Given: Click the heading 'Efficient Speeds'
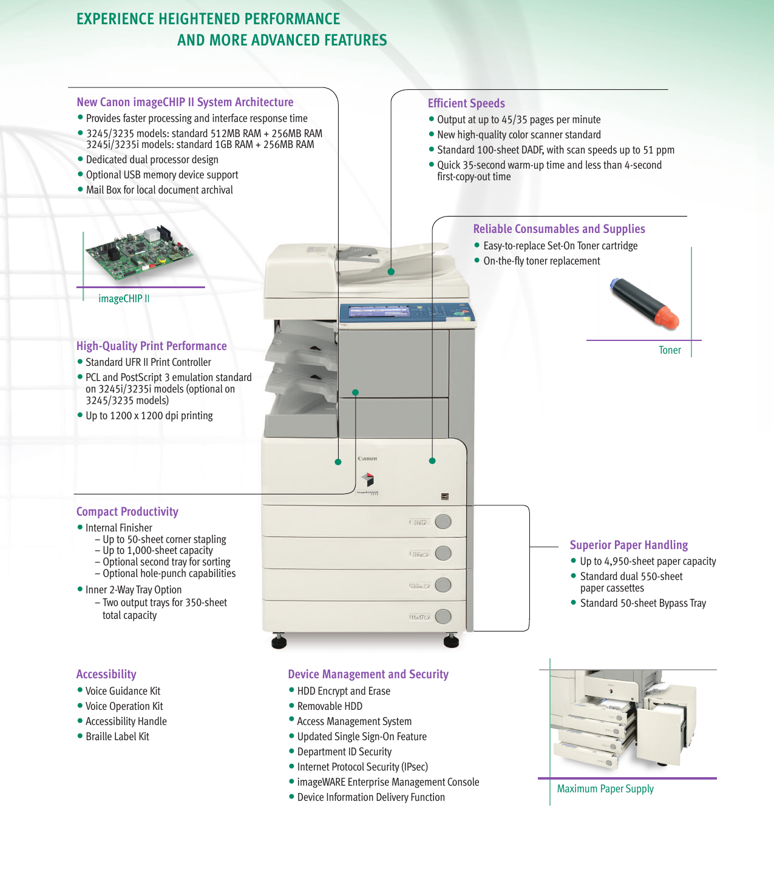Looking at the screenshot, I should pyautogui.click(x=466, y=103).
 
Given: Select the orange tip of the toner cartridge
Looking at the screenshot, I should pyautogui.click(x=667, y=318).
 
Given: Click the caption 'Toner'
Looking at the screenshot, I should pyautogui.click(x=670, y=350).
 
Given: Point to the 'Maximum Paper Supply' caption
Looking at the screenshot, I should pyautogui.click(x=605, y=789).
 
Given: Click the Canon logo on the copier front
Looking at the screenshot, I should pyautogui.click(x=367, y=459).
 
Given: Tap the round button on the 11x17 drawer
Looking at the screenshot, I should pyautogui.click(x=443, y=616).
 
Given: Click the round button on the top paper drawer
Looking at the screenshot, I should pyautogui.click(x=443, y=522).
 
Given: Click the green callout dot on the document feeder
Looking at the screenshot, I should pyautogui.click(x=391, y=272).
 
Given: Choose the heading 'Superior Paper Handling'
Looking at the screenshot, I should pyautogui.click(x=628, y=545).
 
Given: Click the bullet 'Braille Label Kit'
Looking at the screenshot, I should pyautogui.click(x=117, y=737).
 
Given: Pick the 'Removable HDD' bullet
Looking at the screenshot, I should pyautogui.click(x=330, y=706).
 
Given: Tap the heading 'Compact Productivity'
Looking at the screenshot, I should pyautogui.click(x=127, y=511).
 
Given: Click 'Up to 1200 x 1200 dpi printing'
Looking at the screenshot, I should pyautogui.click(x=149, y=416).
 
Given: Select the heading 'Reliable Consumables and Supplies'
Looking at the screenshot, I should pyautogui.click(x=558, y=229).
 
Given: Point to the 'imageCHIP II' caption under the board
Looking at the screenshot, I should pyautogui.click(x=124, y=298).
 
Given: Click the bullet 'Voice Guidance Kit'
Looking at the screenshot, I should pyautogui.click(x=123, y=691).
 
